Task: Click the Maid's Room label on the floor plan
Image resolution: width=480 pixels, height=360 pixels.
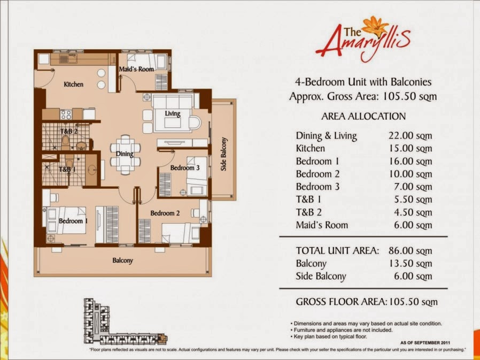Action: click(136, 69)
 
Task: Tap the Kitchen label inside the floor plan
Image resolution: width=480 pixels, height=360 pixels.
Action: click(73, 85)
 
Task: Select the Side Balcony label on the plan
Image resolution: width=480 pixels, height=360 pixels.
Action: click(224, 154)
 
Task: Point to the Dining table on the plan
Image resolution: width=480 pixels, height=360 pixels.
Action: click(125, 155)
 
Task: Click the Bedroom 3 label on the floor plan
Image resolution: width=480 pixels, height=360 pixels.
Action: click(185, 167)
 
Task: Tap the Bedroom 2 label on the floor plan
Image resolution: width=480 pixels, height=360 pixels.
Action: click(165, 213)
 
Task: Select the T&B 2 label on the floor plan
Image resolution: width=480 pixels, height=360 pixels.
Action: click(69, 132)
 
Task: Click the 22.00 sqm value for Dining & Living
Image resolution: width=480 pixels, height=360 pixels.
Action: click(410, 135)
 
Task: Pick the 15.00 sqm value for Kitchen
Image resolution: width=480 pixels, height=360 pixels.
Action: click(411, 148)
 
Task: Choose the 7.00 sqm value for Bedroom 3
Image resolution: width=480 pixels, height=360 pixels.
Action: click(413, 187)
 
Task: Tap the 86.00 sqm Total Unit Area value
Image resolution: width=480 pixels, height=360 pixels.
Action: click(410, 251)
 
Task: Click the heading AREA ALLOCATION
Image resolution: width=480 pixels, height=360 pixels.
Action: click(363, 116)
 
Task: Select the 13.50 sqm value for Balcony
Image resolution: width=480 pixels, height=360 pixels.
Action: click(411, 264)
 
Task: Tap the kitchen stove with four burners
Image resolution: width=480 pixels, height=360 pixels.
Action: click(66, 114)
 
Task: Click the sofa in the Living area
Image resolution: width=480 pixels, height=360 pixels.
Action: click(173, 113)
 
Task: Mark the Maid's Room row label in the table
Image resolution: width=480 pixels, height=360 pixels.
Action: click(322, 225)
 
